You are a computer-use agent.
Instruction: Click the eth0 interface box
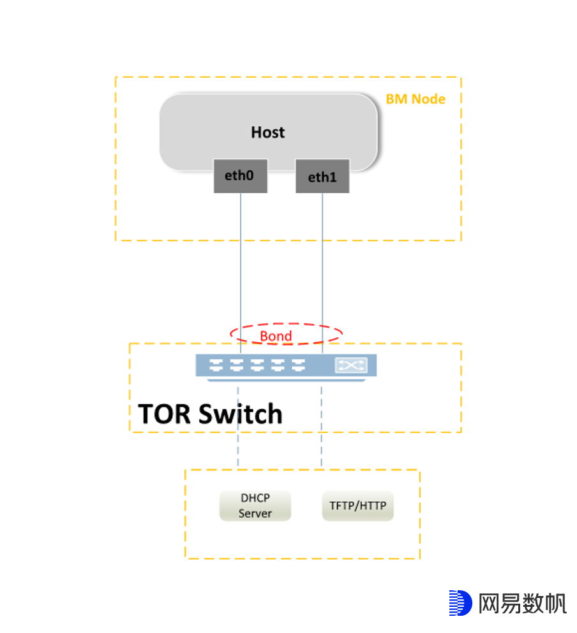(240, 175)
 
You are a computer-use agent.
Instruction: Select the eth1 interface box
(322, 177)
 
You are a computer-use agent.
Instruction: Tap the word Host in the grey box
(267, 133)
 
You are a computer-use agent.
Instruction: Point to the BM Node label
(416, 99)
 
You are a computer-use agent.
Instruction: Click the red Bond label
(276, 336)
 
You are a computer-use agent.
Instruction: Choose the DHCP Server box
(255, 506)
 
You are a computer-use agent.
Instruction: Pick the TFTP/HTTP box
(358, 506)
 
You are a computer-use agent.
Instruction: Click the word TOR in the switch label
(164, 414)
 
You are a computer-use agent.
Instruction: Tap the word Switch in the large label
(241, 414)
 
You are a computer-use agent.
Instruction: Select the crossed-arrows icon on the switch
(351, 365)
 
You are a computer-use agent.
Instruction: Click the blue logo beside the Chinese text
(460, 603)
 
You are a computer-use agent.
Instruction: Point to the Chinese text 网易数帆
(522, 604)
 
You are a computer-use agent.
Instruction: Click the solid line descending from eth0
(241, 273)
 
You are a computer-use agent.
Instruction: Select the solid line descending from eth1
(322, 273)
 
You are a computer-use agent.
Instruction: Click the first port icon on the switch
(216, 365)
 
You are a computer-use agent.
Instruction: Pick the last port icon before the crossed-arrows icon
(299, 365)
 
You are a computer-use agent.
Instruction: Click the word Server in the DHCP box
(255, 514)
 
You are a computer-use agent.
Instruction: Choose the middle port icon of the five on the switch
(257, 365)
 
